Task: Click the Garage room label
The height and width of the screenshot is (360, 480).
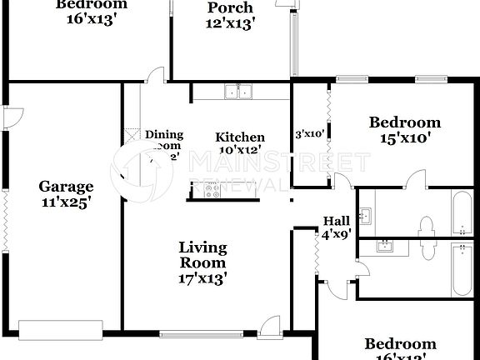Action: point(66,187)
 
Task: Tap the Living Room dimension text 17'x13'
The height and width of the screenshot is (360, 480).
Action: point(202,278)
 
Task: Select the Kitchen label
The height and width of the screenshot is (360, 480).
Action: point(240,137)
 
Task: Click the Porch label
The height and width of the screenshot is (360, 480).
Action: point(230,8)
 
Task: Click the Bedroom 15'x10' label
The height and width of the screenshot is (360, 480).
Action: point(404,131)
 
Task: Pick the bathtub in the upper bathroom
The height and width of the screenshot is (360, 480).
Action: point(459,213)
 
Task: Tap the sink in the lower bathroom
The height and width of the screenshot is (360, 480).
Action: point(385,247)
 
